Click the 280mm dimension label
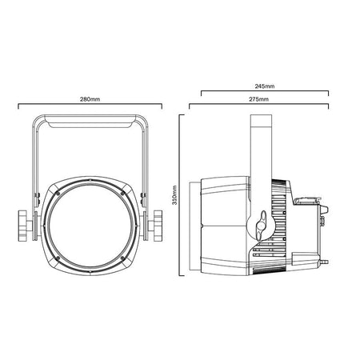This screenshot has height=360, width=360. coord(90,99)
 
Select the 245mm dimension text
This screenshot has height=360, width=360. coord(265,86)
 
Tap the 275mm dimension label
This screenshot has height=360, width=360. coord(258,99)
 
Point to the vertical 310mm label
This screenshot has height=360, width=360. coord(174,195)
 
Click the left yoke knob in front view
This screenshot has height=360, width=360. coord(23,226)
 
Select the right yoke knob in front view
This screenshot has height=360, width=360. coord(157,226)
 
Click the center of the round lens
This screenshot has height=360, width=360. coord(90,226)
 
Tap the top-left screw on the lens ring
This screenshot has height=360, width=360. coord(58,194)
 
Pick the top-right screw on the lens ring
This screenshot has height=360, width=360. coord(122,194)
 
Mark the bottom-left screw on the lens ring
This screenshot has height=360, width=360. coord(58,258)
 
